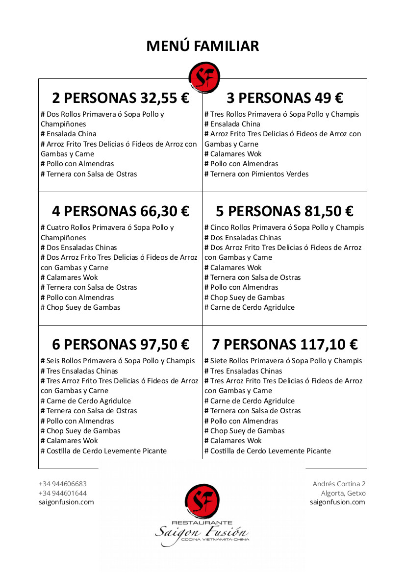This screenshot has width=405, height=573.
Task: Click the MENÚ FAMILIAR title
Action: (x=202, y=46)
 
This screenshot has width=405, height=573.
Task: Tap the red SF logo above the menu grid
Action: (x=204, y=77)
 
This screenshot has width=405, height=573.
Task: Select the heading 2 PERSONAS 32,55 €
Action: (x=120, y=99)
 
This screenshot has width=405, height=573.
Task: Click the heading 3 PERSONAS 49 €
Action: (x=284, y=99)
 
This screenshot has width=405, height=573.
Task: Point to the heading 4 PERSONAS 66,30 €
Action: (x=120, y=212)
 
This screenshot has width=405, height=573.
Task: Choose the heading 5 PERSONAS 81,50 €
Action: (x=284, y=212)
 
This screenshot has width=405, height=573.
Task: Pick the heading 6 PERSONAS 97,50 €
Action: (x=120, y=345)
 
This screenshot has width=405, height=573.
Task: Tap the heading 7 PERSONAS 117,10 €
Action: (x=284, y=345)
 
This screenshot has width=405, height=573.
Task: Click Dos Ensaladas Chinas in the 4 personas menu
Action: (x=79, y=248)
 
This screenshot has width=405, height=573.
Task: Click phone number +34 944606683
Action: (x=63, y=484)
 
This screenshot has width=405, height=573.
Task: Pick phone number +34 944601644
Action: (x=63, y=493)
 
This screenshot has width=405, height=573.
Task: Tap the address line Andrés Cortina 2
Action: (x=339, y=484)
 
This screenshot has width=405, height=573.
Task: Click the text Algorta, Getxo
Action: (x=343, y=493)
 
